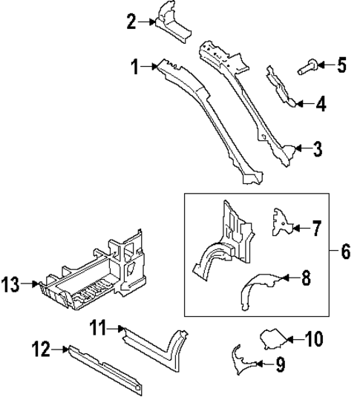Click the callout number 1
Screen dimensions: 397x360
tap(135, 68)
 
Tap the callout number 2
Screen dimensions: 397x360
tap(131, 22)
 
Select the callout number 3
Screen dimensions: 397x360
tap(317, 150)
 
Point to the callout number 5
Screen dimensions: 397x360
tap(341, 65)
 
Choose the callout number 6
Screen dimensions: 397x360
tap(345, 252)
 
